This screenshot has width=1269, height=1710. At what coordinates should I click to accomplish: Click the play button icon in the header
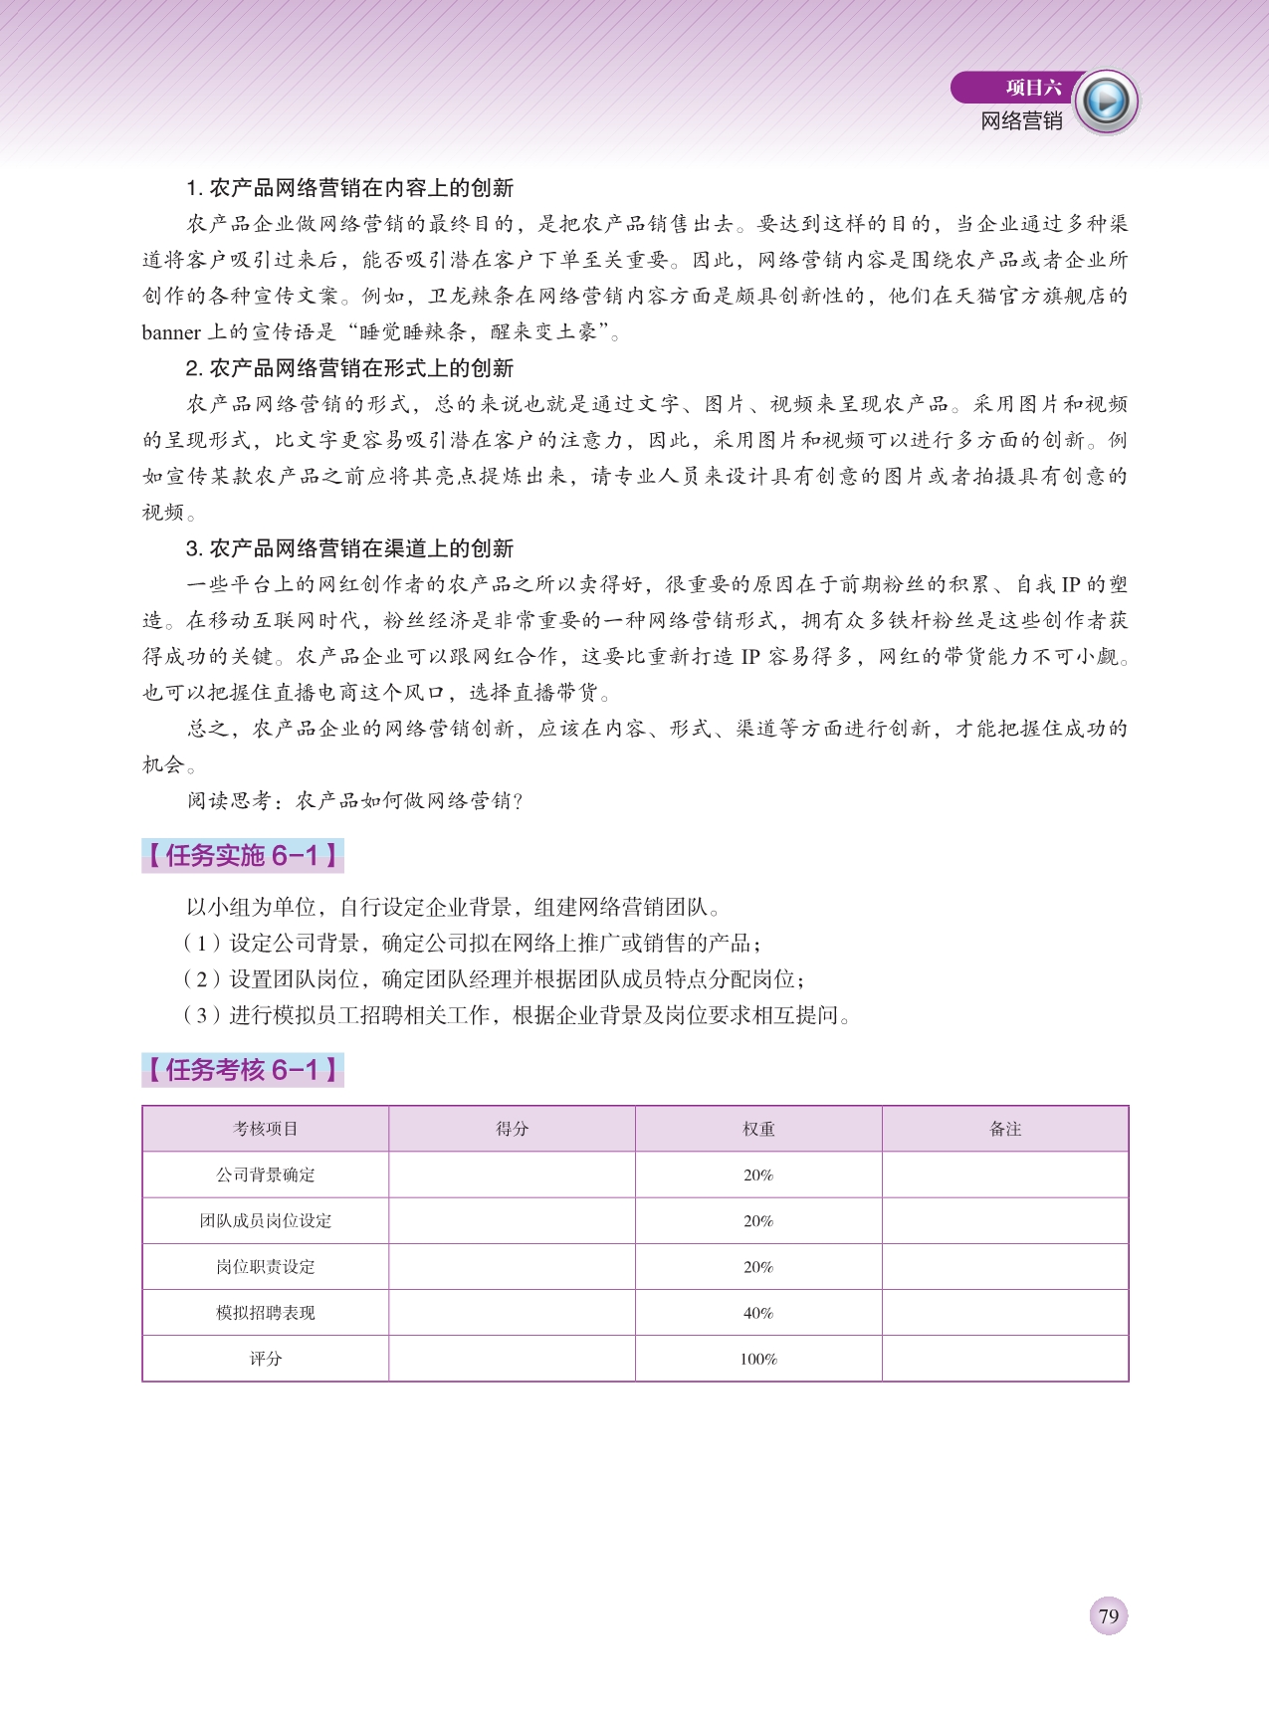coord(1106,102)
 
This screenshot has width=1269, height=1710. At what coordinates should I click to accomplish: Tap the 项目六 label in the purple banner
coord(1033,88)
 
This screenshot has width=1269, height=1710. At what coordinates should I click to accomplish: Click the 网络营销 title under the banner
coord(1021,121)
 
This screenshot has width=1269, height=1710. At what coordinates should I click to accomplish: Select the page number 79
coord(1109,1615)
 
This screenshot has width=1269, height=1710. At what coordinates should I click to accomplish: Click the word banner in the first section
coord(171,332)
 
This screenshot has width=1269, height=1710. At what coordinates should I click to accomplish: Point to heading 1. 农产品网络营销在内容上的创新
coord(349,188)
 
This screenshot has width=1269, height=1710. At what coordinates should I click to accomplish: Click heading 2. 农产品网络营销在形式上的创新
coord(349,368)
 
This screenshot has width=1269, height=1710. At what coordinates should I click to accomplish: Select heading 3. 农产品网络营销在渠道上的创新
coord(349,548)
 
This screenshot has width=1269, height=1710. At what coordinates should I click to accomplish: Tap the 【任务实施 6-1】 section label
coord(243,855)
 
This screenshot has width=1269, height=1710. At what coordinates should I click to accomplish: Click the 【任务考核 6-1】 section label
coord(243,1070)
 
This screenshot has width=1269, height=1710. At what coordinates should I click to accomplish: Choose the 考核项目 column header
coord(266,1129)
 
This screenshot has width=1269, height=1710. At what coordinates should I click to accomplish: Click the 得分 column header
coord(512,1129)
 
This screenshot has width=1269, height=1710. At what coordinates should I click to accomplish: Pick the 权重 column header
coord(758,1129)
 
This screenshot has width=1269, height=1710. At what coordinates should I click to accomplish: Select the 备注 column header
coord(1005,1129)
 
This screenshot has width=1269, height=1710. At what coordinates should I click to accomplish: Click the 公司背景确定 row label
coord(266,1175)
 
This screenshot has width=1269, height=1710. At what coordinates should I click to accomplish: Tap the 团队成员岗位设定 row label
coord(266,1220)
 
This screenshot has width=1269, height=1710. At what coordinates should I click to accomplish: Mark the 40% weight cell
coord(758,1313)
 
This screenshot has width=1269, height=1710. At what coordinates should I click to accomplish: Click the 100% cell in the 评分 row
coord(758,1359)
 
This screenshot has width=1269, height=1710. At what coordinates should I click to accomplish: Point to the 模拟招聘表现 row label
coord(266,1313)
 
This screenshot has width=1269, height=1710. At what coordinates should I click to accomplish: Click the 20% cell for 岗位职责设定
coord(758,1267)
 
